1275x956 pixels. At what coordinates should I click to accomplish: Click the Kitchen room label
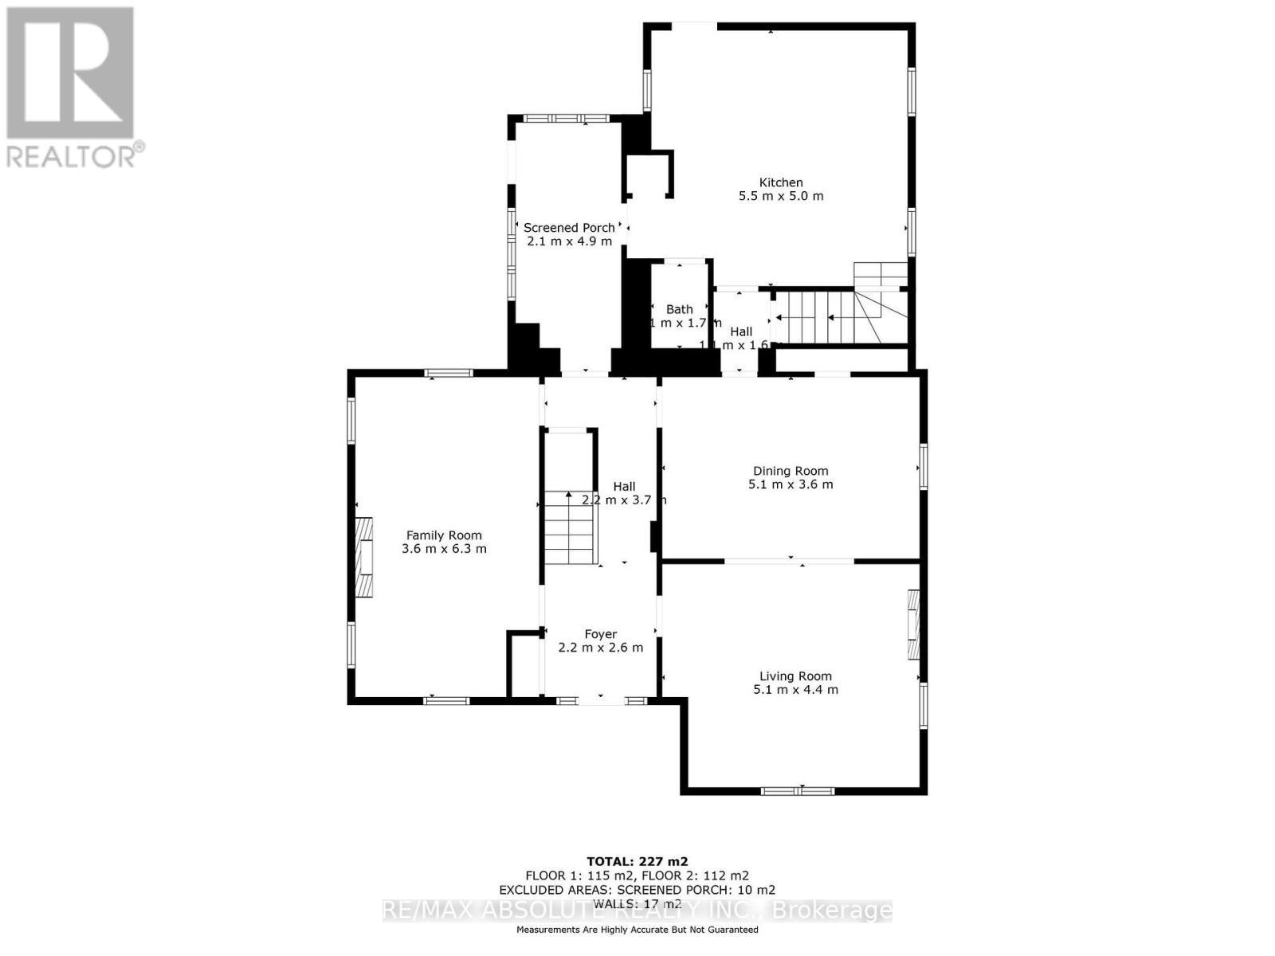coord(780,182)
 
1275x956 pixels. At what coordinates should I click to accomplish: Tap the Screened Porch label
coord(569,228)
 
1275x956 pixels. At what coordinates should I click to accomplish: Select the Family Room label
coord(444,535)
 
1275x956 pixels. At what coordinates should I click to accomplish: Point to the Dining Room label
coord(790,471)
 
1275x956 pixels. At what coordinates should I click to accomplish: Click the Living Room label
coord(795,676)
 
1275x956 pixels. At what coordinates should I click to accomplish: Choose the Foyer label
coord(600,634)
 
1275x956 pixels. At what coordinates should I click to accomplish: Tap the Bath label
coord(680,309)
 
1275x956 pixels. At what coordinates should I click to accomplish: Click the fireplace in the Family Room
coord(364,557)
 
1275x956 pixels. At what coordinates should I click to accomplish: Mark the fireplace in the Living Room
coord(913,624)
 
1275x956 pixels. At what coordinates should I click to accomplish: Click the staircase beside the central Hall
coord(570,528)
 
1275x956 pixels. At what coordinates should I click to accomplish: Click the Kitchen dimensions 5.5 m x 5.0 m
coord(780,196)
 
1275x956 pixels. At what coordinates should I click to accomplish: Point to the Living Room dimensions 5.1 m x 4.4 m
coord(795,690)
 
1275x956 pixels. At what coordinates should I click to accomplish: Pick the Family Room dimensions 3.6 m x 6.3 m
coord(444,549)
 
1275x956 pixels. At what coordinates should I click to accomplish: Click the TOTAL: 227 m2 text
coord(637,861)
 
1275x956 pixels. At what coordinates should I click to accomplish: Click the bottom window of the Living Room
coord(798,791)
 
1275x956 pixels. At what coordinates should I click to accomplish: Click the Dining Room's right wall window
coord(923,466)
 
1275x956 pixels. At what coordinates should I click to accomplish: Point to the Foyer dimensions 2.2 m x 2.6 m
coord(600,648)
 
